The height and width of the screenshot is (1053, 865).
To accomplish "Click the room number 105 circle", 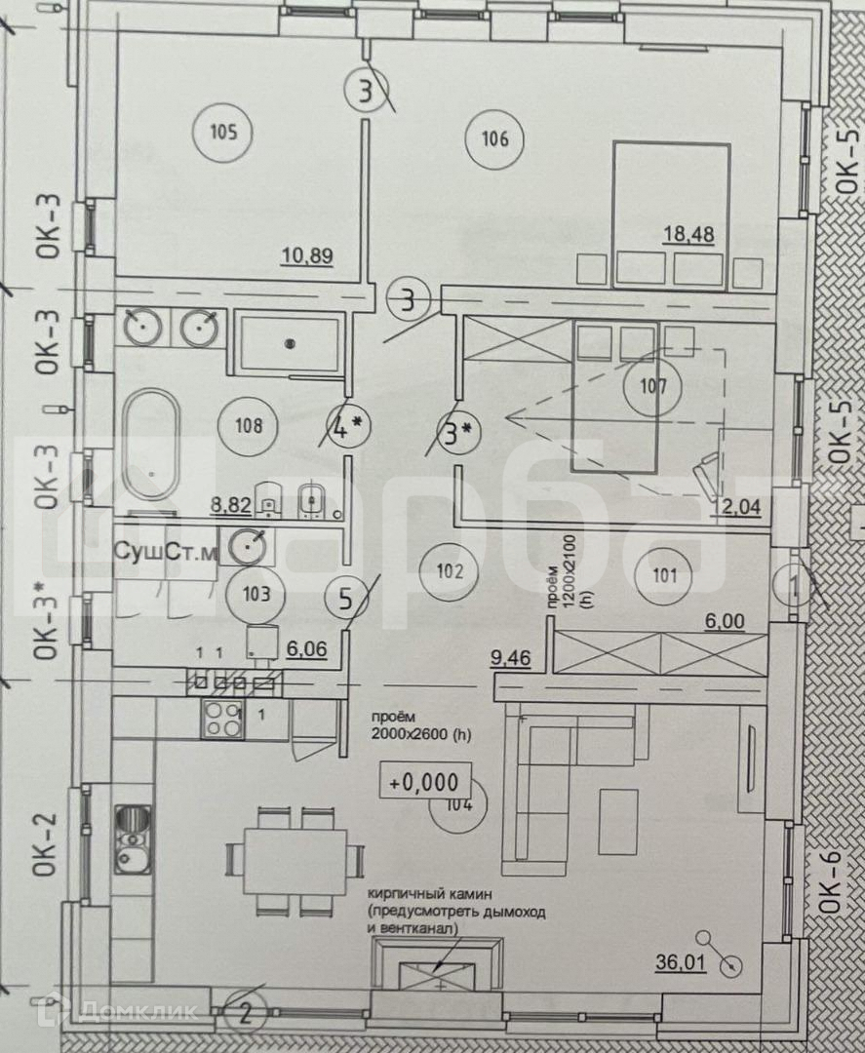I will coord(223,131).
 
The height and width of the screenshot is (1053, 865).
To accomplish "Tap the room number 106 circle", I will coord(494,138).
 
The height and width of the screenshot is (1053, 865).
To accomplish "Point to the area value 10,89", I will coord(308,256).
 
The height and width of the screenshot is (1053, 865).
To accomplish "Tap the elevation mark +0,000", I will coord(430,781).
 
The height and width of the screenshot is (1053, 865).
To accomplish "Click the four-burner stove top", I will coord(221,720).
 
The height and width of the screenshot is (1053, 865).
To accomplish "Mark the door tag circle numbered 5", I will coord(344,598).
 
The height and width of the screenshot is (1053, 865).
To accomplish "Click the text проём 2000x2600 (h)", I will coord(420,727).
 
